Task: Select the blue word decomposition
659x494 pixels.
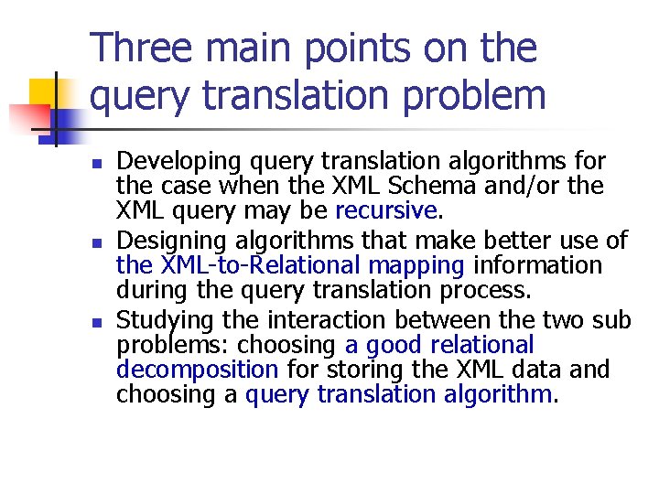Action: point(197,370)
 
